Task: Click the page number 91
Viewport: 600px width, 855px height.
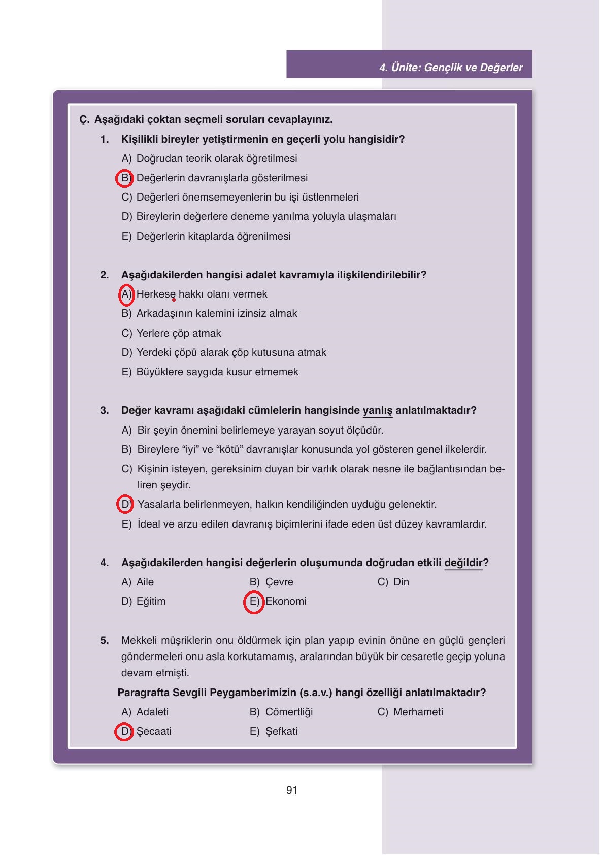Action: click(292, 790)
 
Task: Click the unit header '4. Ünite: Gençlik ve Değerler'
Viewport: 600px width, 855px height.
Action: click(451, 68)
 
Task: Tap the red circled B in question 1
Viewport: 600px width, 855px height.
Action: click(125, 178)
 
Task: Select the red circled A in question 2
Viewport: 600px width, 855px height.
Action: click(126, 294)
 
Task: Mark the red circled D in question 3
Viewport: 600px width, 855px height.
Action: click(125, 504)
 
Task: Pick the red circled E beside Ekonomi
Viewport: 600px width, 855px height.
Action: click(254, 602)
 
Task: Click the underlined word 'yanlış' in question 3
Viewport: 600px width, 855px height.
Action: click(378, 411)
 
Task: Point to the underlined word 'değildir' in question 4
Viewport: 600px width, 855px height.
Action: click(463, 563)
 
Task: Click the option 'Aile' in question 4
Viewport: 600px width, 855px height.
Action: click(145, 582)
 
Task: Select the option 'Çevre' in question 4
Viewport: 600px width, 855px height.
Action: click(279, 582)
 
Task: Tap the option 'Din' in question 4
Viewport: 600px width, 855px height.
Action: click(401, 582)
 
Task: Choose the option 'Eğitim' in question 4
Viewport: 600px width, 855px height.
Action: click(151, 602)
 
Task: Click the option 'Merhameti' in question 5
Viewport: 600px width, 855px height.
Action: click(418, 712)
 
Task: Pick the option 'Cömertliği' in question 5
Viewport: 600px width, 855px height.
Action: click(289, 712)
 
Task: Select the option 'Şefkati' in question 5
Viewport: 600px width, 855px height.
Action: click(281, 732)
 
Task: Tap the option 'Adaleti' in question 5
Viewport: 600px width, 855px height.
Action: click(152, 712)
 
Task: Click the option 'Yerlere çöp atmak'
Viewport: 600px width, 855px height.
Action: click(179, 334)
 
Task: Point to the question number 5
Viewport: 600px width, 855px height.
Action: click(105, 641)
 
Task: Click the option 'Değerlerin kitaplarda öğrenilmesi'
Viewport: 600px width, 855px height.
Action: click(213, 237)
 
